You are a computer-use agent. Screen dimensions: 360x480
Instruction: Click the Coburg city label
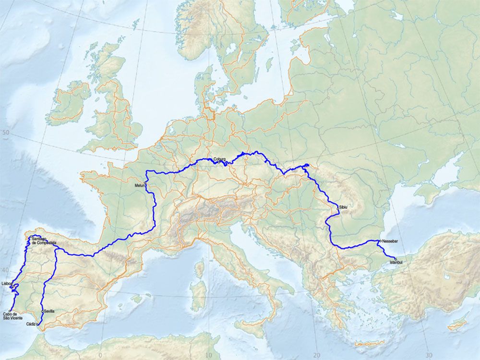220,158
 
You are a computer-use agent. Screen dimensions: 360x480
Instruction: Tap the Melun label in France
140,185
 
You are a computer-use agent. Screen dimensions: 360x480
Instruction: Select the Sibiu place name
343,207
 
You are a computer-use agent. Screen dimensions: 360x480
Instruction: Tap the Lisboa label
7,284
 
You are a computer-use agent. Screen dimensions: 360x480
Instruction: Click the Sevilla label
49,311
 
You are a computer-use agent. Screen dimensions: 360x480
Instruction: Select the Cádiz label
32,324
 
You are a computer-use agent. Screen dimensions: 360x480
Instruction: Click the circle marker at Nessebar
380,240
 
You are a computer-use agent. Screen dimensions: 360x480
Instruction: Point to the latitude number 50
6,133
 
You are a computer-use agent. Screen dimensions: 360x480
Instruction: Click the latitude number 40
5,269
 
